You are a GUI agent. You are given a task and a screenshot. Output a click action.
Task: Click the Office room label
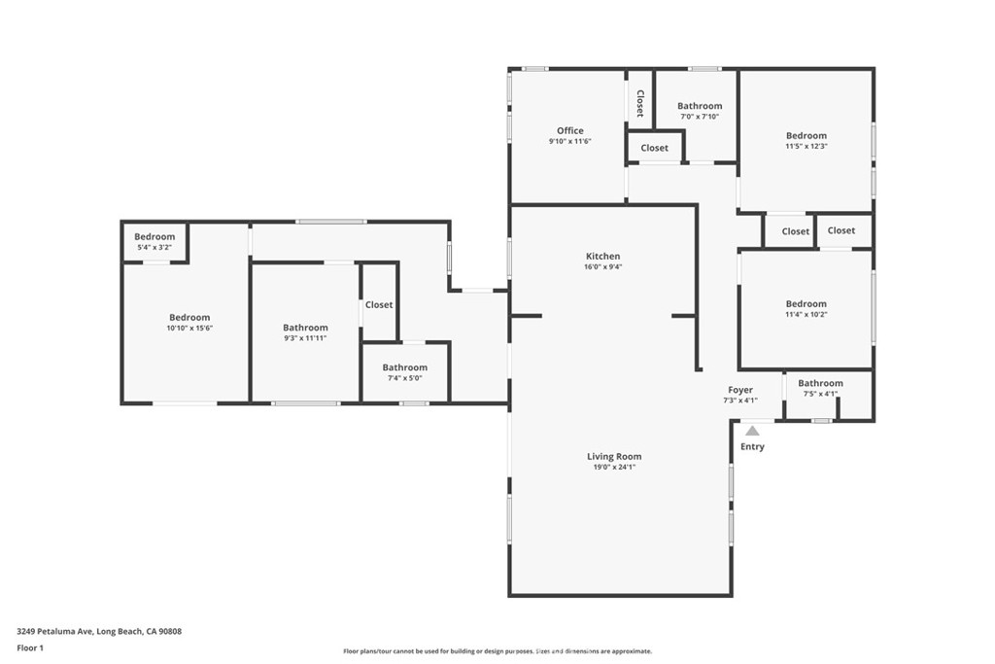tap(569, 131)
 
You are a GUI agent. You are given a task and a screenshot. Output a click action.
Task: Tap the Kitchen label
tap(602, 257)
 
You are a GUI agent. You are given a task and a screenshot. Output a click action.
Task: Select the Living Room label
tap(614, 456)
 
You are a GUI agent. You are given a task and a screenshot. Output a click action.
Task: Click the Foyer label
tap(740, 390)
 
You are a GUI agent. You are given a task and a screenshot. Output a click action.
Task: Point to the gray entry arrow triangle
tap(752, 431)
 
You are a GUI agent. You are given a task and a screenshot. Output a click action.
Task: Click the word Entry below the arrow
tap(753, 447)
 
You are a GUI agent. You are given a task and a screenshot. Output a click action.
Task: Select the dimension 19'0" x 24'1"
tap(614, 468)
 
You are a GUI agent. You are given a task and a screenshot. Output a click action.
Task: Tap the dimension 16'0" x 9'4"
tap(602, 267)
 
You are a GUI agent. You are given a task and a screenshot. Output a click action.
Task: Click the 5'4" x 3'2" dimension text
tap(154, 248)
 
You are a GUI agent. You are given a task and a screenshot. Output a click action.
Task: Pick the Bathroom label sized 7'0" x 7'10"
tap(700, 106)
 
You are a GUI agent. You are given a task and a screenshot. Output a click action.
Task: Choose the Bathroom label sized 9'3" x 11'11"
tap(305, 328)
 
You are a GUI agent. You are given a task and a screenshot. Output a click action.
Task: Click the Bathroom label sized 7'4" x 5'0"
tap(405, 367)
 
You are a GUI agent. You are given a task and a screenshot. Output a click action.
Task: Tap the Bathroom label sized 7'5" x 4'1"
tap(820, 383)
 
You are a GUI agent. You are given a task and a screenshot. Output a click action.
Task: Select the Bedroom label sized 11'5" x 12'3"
tap(806, 136)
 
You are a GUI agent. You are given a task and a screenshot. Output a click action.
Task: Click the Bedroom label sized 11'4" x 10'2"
tap(806, 304)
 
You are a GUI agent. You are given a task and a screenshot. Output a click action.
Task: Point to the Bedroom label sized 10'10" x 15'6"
tap(189, 317)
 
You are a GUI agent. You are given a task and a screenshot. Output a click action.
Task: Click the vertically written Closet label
tap(640, 103)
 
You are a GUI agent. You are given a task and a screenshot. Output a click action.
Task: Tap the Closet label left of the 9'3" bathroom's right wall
tap(379, 305)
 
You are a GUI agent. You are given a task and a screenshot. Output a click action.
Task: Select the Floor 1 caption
tap(30, 648)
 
